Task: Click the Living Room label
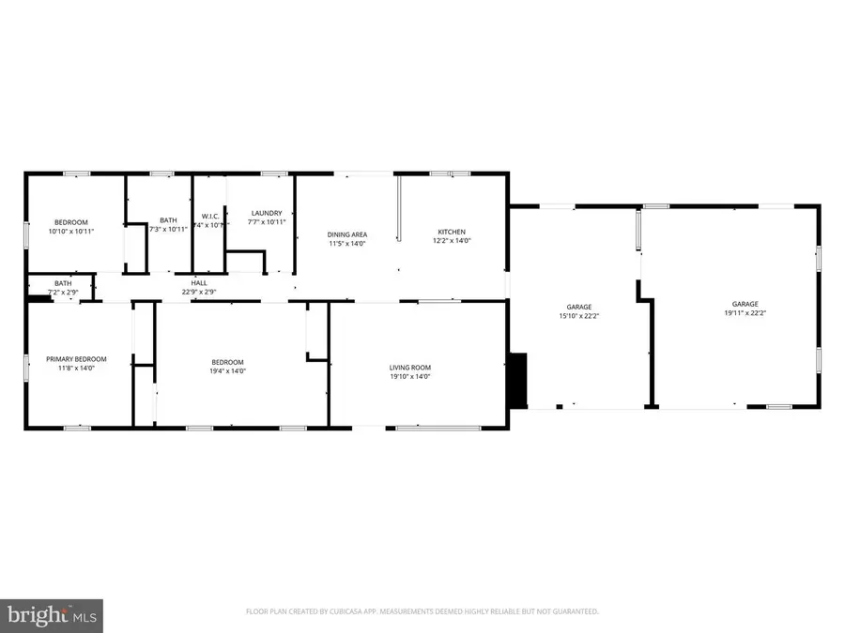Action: pyautogui.click(x=409, y=367)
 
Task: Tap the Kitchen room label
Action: pyautogui.click(x=452, y=233)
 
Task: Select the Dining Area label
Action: pyautogui.click(x=346, y=234)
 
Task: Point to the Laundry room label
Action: pyautogui.click(x=265, y=213)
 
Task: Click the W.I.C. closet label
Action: pyautogui.click(x=209, y=216)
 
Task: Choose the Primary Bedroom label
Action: pyautogui.click(x=77, y=358)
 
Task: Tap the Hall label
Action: pyautogui.click(x=199, y=282)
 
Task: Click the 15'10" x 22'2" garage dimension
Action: pyautogui.click(x=578, y=316)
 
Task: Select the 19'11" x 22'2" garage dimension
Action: pyautogui.click(x=745, y=314)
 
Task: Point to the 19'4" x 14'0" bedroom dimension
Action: pyautogui.click(x=227, y=371)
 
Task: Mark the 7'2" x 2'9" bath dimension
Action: pyautogui.click(x=63, y=292)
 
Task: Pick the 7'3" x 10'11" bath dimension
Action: pyautogui.click(x=168, y=229)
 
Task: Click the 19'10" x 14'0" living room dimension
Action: pyautogui.click(x=409, y=376)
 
